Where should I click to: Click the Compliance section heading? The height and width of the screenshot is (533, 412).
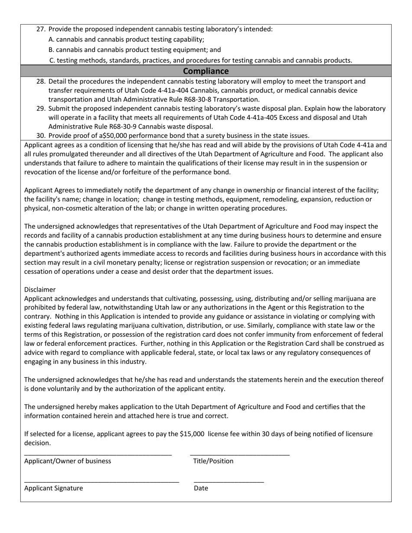pos(206,71)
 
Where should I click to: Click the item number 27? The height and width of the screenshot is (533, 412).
pos(41,29)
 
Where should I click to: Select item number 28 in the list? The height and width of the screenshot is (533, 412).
pos(41,81)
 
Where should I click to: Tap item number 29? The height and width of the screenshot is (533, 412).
pos(41,108)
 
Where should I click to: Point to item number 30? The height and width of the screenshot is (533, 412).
pos(41,136)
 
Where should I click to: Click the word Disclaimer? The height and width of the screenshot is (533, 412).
pos(40,289)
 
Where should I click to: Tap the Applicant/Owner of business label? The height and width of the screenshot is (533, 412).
pos(68,461)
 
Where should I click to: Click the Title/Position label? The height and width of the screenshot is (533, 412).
pos(213,461)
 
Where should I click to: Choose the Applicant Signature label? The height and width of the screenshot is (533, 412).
pos(53,488)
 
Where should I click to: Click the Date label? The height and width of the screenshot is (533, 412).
pos(201,488)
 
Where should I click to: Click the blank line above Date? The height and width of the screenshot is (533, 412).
pos(229,481)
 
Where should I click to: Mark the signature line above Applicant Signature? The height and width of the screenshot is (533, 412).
pos(101,481)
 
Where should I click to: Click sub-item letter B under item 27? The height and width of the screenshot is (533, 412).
pos(52,50)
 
